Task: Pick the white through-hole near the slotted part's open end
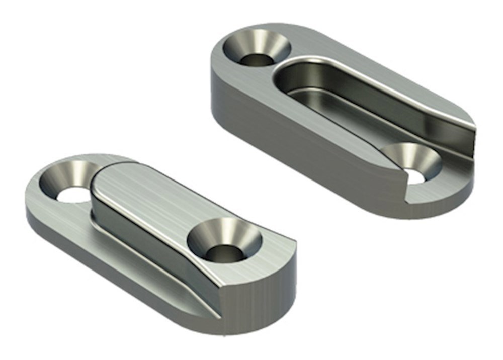(x=416, y=176)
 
